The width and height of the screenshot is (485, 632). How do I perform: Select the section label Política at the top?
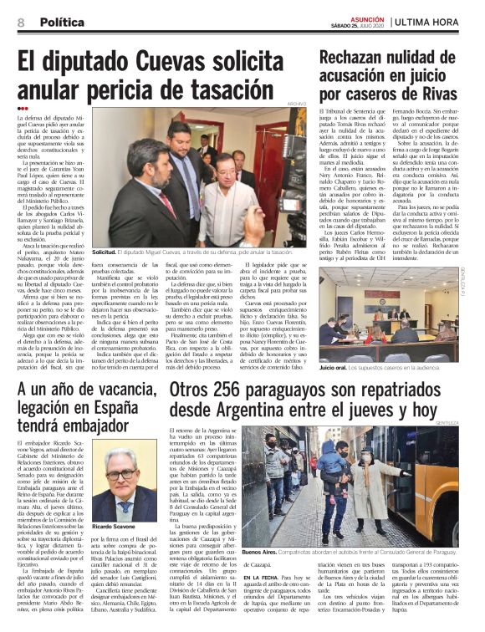62,21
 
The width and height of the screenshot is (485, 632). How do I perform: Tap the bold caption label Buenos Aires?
262,553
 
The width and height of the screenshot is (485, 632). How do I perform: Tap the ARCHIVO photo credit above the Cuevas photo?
297,104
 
